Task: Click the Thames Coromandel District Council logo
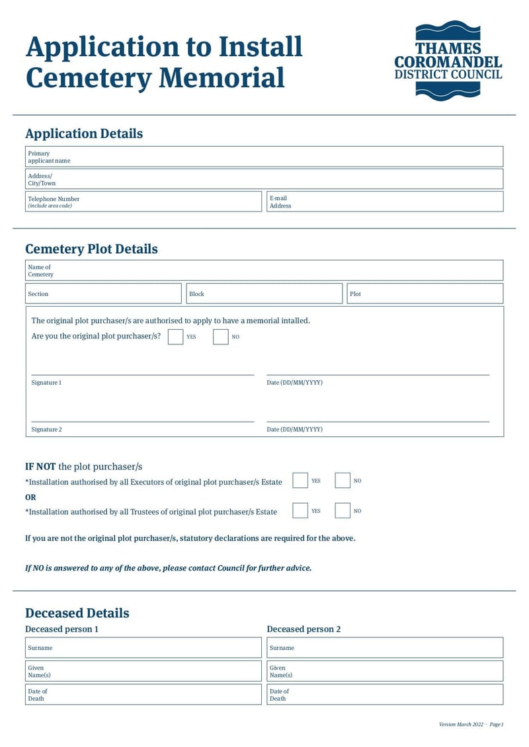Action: (448, 61)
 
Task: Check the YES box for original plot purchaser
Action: (175, 336)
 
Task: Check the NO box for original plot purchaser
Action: (221, 336)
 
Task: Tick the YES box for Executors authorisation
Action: (300, 481)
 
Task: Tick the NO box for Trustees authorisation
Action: (343, 510)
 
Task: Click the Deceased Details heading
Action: (77, 613)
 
